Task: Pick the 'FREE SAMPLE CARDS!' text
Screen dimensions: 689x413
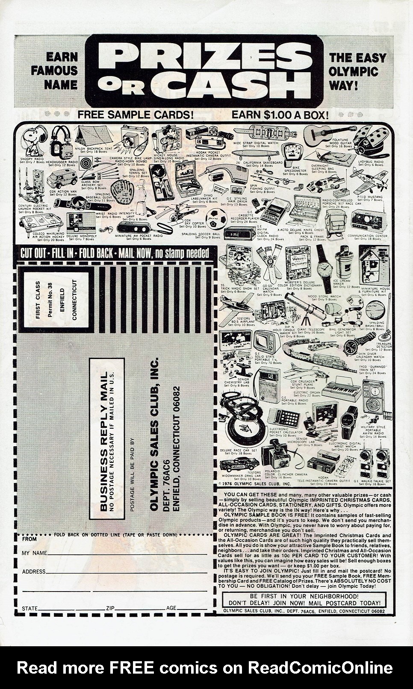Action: [x=136, y=115]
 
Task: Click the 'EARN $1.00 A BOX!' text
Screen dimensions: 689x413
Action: [x=280, y=115]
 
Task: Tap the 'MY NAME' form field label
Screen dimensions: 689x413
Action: [x=34, y=553]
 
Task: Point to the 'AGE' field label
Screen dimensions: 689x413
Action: [x=171, y=608]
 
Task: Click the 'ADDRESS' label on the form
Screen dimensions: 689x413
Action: [x=33, y=571]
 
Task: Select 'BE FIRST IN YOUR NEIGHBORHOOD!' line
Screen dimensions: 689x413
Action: [x=304, y=596]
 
